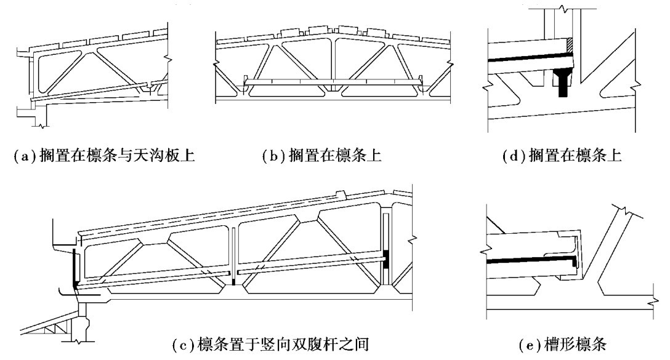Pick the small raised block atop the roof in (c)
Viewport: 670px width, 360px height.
[x=341, y=194]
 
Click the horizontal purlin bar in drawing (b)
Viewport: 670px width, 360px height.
[x=333, y=81]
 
